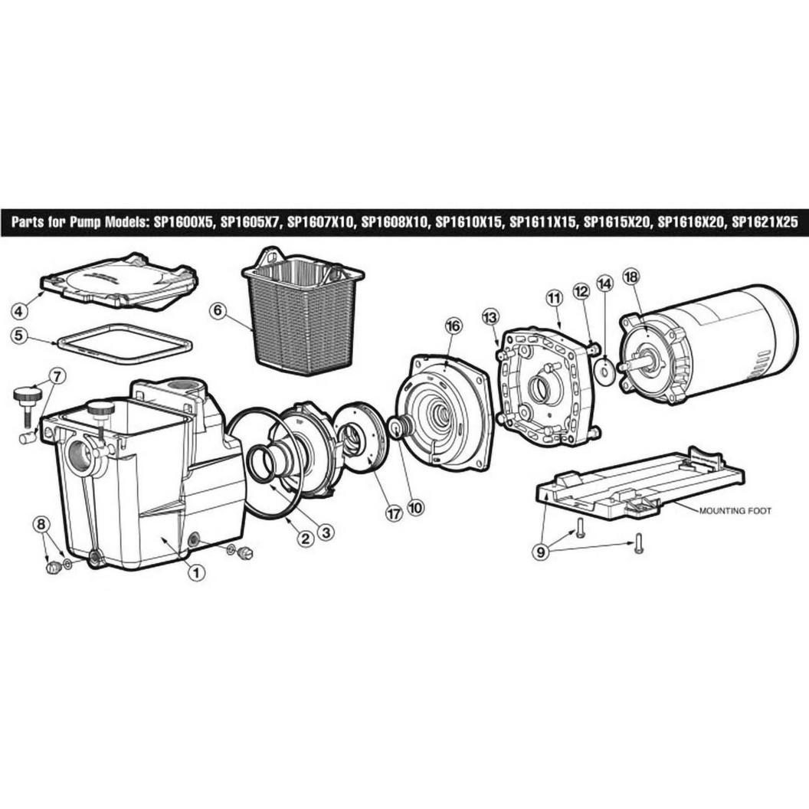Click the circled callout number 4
[19, 311]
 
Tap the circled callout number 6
[219, 310]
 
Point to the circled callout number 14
[604, 283]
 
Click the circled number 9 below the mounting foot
[540, 552]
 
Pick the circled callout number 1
[197, 572]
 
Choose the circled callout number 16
[454, 326]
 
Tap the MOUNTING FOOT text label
[735, 511]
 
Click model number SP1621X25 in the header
[765, 222]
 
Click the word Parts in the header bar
[28, 222]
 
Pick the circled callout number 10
[414, 508]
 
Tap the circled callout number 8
[41, 524]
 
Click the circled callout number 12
[581, 292]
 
